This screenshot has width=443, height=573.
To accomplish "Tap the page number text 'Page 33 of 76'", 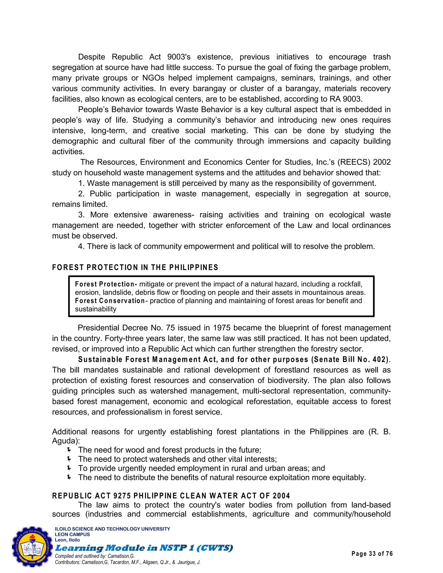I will click(x=372, y=554).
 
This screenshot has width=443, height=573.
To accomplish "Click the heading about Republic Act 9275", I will click(x=171, y=496).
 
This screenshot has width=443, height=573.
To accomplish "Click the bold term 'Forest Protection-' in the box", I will click(x=106, y=284).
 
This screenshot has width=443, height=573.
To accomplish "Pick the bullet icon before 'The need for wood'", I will click(x=69, y=450).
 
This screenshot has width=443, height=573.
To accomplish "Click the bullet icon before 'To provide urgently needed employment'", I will click(x=69, y=468).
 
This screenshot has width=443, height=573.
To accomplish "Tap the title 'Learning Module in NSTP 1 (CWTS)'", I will click(x=144, y=548).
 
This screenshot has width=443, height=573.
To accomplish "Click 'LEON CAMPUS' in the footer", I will click(x=72, y=535).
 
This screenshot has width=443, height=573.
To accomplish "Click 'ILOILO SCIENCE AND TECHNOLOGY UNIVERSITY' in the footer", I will click(x=112, y=529).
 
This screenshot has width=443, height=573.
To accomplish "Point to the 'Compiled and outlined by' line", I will click(x=95, y=556).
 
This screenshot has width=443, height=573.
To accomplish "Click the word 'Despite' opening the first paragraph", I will click(x=91, y=57).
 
